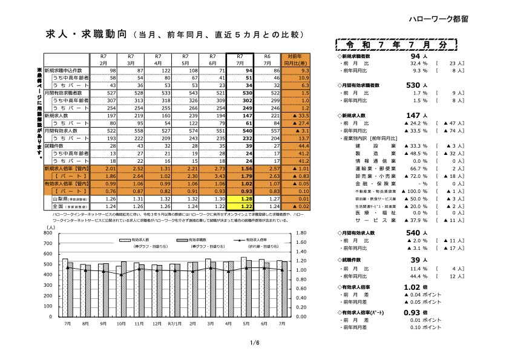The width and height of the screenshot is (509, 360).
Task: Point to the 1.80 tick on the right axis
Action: point(303,233)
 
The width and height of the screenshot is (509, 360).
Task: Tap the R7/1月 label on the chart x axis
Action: point(174,324)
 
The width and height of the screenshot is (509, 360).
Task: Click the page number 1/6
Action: point(254,342)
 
